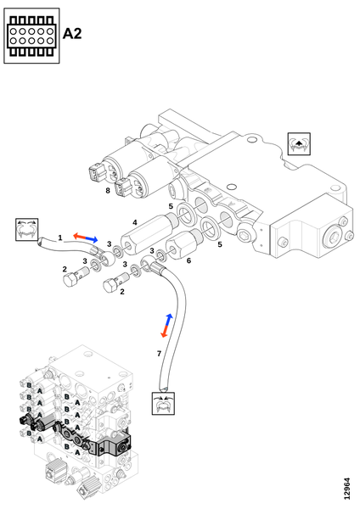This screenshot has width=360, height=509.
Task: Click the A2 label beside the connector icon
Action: pyautogui.click(x=72, y=33)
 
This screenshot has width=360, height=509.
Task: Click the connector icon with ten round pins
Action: pyautogui.click(x=31, y=36)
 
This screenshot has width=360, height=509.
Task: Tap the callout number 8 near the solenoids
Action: pyautogui.click(x=108, y=191)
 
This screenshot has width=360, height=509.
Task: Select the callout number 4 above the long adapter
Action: pyautogui.click(x=135, y=222)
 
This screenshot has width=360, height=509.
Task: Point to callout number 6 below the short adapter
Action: pyautogui.click(x=188, y=260)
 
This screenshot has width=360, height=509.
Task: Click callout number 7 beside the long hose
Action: pyautogui.click(x=159, y=354)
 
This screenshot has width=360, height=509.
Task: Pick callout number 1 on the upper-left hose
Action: pyautogui.click(x=60, y=238)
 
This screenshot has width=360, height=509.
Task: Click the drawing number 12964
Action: pyautogui.click(x=347, y=489)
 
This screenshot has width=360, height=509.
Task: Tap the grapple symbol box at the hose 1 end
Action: pyautogui.click(x=27, y=230)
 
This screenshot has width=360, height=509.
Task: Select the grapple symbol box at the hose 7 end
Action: pyautogui.click(x=163, y=403)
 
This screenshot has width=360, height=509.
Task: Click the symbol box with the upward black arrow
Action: pyautogui.click(x=299, y=144)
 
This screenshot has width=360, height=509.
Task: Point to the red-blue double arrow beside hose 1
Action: pyautogui.click(x=85, y=238)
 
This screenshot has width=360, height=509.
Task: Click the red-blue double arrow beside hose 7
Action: pyautogui.click(x=166, y=326)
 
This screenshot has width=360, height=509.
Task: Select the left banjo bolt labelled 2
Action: pyautogui.click(x=76, y=275)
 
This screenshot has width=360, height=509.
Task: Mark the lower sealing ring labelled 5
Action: pyautogui.click(x=211, y=228)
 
